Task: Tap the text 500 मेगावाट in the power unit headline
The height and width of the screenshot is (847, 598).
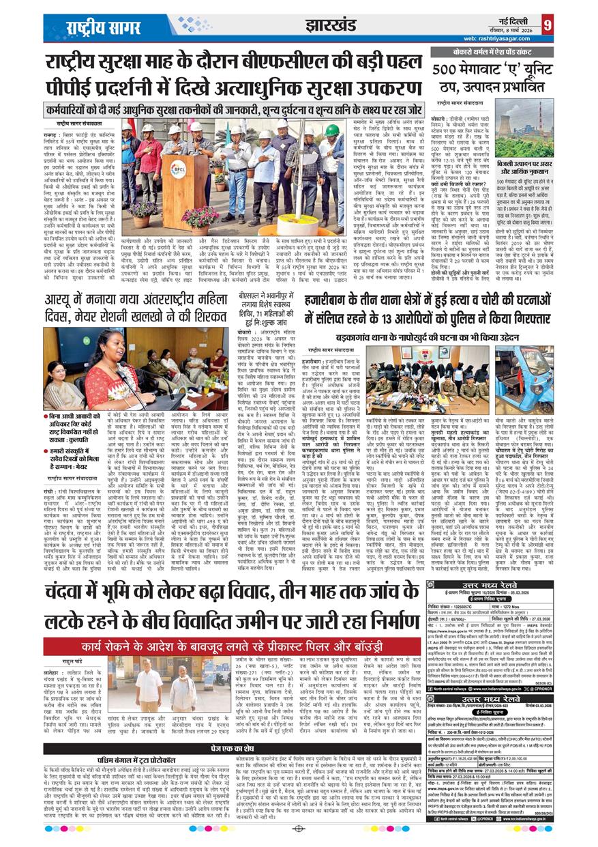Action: pos(471,70)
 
